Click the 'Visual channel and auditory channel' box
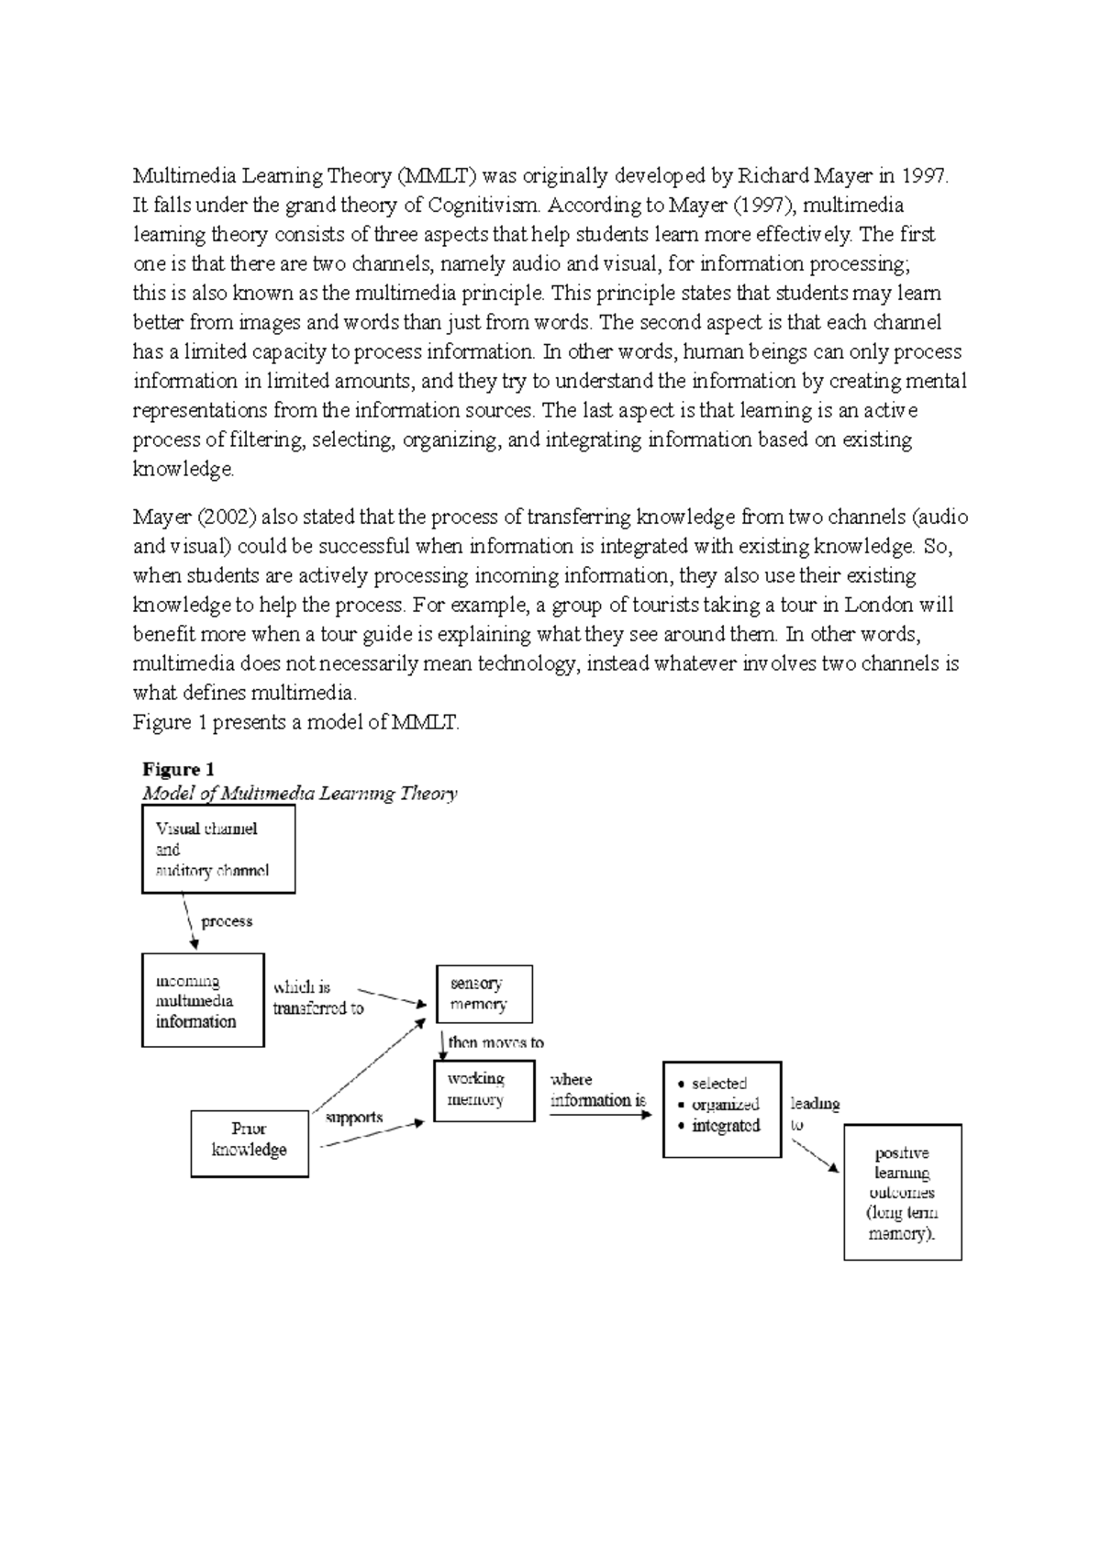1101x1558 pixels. (218, 850)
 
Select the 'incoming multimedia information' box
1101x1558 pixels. (203, 1000)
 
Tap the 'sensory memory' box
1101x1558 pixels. (484, 994)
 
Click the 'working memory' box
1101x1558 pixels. (484, 1090)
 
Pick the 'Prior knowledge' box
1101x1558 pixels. (250, 1143)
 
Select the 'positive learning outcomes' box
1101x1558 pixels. (902, 1192)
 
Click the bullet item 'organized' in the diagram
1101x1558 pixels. (725, 1105)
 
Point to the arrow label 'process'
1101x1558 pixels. (227, 921)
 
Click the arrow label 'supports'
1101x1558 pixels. (354, 1118)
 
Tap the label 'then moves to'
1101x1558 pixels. (495, 1042)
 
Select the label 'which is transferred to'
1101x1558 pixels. (317, 998)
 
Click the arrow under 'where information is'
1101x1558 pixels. (600, 1114)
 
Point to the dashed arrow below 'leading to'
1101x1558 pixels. (815, 1155)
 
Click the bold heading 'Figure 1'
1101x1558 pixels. (178, 769)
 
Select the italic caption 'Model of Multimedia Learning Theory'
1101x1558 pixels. (299, 794)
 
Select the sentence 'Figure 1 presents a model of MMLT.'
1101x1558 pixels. (295, 722)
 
